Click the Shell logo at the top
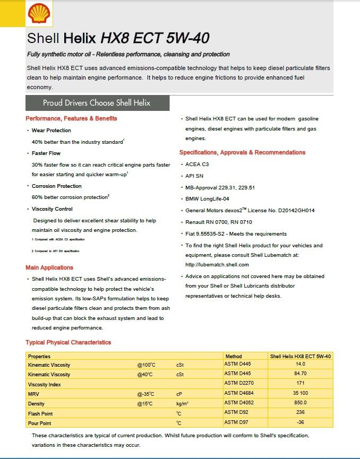pos(39,13)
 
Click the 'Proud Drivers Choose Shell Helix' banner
pos(97,103)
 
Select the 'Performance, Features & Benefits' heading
pos(71,118)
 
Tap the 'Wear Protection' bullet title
pos(51,130)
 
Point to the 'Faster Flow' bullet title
pos(46,153)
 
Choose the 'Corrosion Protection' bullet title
pos(57,186)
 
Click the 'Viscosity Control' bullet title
pos(52,209)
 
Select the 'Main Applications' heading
pos(49,267)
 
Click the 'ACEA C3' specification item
pos(197,164)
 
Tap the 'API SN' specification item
pos(194,176)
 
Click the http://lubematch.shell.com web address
pos(217,264)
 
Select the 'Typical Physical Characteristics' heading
pos(68,342)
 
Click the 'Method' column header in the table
pos(234,357)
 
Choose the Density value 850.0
pos(301,403)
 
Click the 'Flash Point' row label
pos(41,413)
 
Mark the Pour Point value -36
pos(301,423)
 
